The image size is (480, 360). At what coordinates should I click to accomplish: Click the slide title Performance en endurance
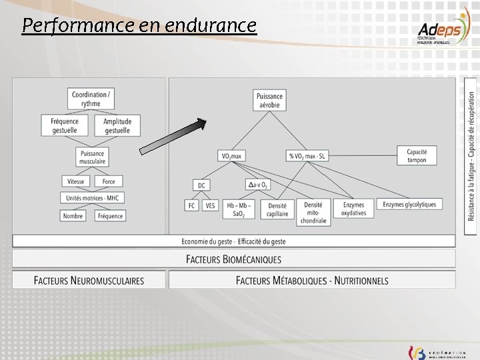(139, 26)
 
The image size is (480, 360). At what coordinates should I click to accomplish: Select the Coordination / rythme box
(91, 99)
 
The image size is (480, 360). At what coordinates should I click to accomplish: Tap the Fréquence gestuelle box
(65, 125)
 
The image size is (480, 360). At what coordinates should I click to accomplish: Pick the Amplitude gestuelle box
(117, 125)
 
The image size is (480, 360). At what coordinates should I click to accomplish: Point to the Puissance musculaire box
(92, 157)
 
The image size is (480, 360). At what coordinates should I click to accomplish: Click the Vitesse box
(76, 181)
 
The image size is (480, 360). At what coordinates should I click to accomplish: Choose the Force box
(109, 181)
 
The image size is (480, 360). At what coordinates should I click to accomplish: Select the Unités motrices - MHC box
(92, 198)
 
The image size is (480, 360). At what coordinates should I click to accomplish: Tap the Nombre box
(73, 216)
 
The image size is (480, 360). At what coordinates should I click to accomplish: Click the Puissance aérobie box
(269, 100)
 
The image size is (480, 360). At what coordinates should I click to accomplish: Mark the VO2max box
(232, 156)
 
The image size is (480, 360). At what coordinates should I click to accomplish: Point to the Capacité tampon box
(417, 156)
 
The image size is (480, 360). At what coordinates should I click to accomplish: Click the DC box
(201, 185)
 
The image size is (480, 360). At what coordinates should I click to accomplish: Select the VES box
(211, 205)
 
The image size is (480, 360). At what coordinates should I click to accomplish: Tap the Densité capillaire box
(277, 209)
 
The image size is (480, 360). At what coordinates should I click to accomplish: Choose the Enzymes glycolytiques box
(409, 205)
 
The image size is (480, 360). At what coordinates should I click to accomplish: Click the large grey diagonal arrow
(174, 137)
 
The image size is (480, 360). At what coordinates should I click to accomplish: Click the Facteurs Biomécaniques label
(233, 259)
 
